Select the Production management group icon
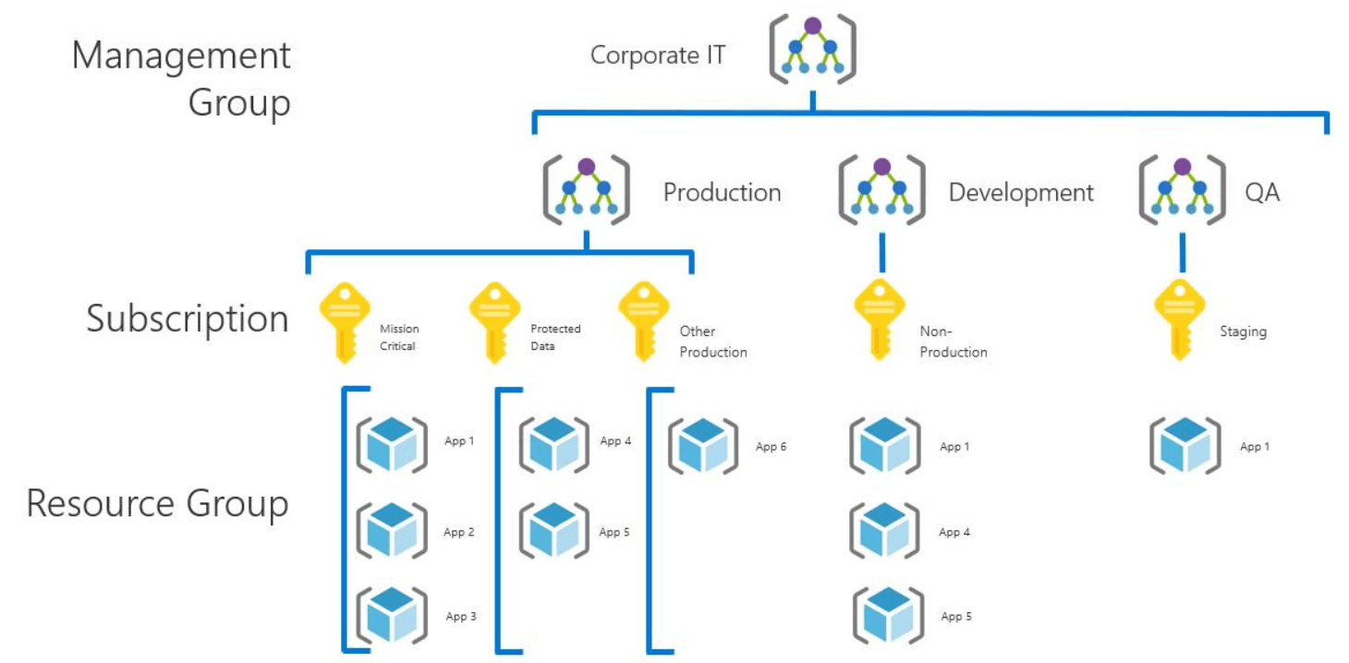586,190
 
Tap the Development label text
1020,192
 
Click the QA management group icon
1182,190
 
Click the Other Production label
712,341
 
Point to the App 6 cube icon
702,445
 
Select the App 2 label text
459,532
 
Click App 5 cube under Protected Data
553,531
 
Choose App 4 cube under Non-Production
884,531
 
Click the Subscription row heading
188,319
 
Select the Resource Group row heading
157,504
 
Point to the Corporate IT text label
658,54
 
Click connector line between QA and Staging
1183,250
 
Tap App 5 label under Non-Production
956,616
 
